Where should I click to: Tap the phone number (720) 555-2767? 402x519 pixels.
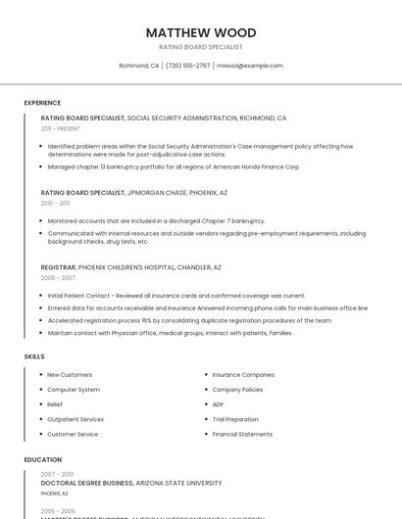[x=187, y=66]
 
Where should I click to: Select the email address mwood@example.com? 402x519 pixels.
[x=250, y=66]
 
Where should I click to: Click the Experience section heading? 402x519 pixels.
[x=42, y=103]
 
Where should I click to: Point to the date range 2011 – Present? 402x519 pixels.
[x=60, y=128]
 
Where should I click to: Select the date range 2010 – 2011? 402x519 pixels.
[x=55, y=203]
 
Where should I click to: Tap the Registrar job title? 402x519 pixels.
[x=58, y=267]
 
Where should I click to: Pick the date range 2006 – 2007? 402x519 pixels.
[x=58, y=277]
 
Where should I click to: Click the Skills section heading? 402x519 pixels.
[x=34, y=356]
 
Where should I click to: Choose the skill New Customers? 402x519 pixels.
[x=70, y=375]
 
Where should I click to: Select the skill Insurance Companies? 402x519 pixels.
[x=243, y=375]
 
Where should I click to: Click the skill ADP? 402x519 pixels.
[x=218, y=404]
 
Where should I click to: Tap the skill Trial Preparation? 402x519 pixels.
[x=235, y=419]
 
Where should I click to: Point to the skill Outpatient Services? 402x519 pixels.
[x=75, y=419]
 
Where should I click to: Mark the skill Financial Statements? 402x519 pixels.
[x=242, y=434]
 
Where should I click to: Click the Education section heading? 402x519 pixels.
[x=42, y=459]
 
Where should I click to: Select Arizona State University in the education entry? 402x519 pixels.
[x=179, y=483]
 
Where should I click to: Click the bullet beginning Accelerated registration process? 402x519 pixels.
[x=189, y=320]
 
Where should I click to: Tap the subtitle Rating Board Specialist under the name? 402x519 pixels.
[x=201, y=47]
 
